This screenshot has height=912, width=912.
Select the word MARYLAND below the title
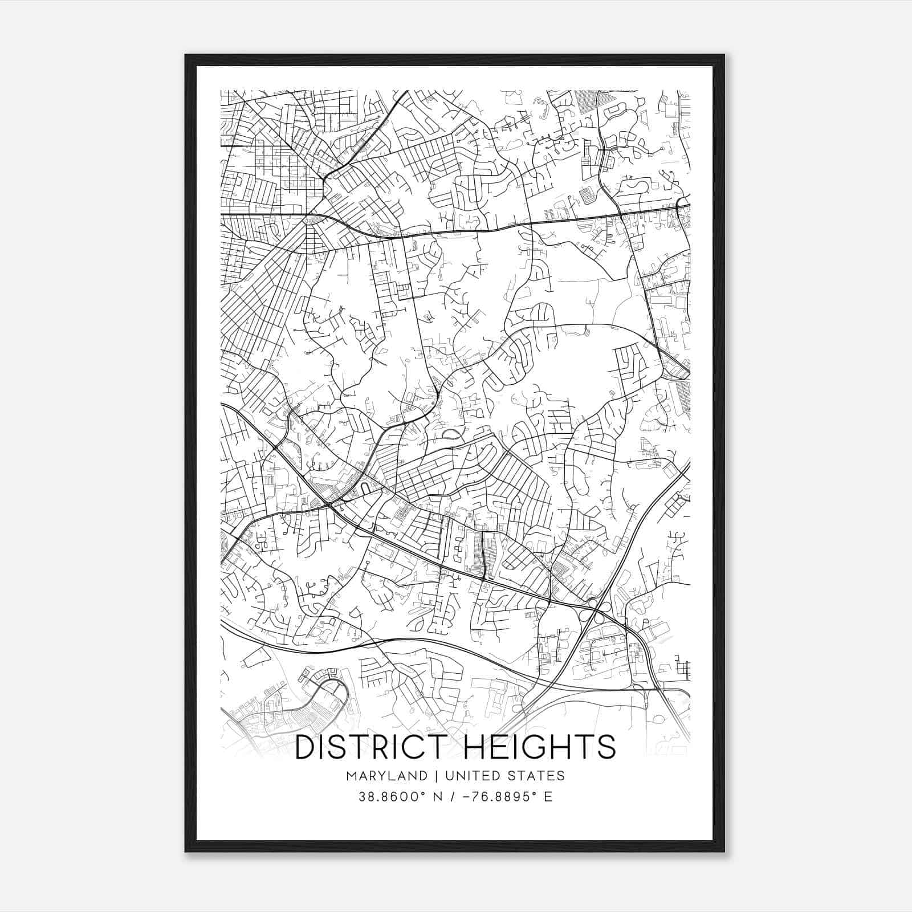[386, 776]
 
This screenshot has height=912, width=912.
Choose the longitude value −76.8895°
[498, 797]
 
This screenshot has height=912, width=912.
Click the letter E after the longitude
[548, 797]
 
